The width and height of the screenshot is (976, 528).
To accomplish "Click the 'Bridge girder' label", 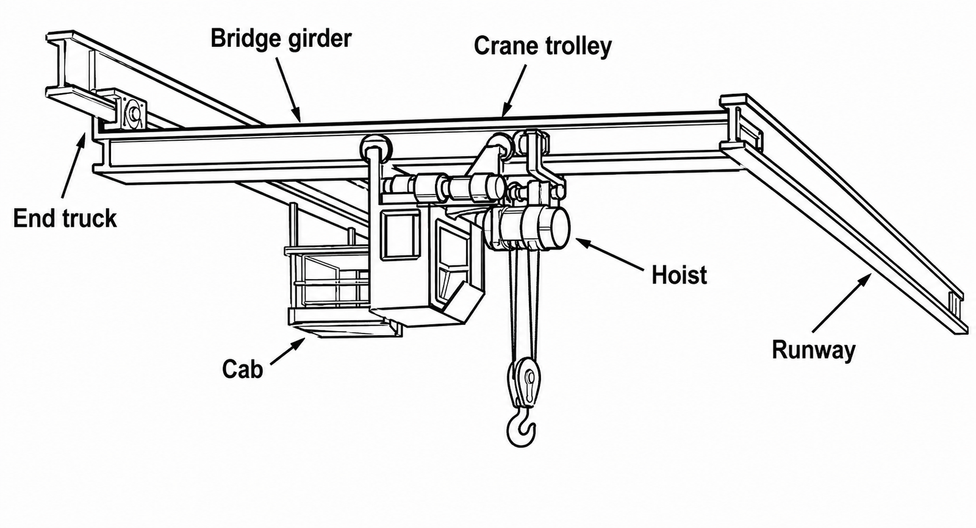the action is pyautogui.click(x=281, y=39).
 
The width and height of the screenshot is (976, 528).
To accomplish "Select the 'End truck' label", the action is pyautogui.click(x=65, y=218).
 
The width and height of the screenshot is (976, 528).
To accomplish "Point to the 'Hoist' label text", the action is pyautogui.click(x=679, y=276).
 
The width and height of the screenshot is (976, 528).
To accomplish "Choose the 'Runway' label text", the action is pyautogui.click(x=814, y=350).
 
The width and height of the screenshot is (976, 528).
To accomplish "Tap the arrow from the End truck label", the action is pyautogui.click(x=74, y=166).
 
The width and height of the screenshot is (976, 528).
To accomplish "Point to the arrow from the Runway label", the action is pyautogui.click(x=842, y=302).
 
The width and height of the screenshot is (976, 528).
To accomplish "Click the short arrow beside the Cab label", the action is pyautogui.click(x=287, y=351).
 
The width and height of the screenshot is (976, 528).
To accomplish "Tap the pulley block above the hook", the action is pyautogui.click(x=526, y=382).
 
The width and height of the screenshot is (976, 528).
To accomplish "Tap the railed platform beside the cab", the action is pyautogui.click(x=328, y=288).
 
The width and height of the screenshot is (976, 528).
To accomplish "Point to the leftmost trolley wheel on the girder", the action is pyautogui.click(x=376, y=149).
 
